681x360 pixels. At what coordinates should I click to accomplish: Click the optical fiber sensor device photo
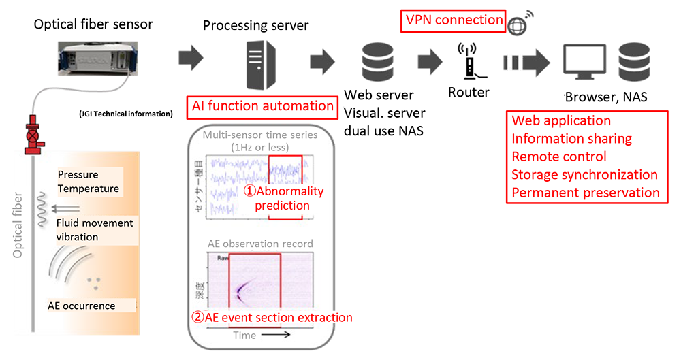pos(94,59)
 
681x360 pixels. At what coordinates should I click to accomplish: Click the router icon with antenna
pos(468,61)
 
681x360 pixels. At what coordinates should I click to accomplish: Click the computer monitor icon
pos(586,61)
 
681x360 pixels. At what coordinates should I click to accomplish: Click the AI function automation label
pos(263,106)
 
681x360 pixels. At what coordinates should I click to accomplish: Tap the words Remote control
pos(558,157)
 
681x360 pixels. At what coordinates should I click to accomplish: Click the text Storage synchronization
pos(584,175)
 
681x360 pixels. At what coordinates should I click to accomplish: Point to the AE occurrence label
pos(82,306)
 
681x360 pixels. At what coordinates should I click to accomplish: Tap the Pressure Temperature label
pos(89,182)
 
